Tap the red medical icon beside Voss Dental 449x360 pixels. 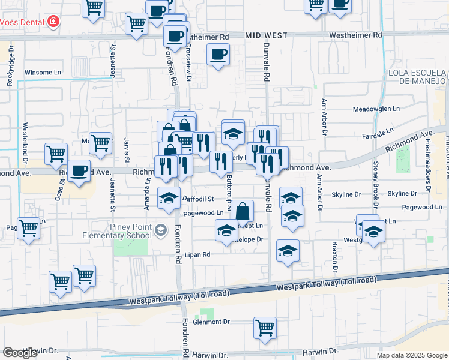pyautogui.click(x=53, y=22)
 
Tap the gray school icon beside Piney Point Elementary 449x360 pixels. pyautogui.click(x=160, y=230)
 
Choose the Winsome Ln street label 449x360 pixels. pyautogui.click(x=43, y=73)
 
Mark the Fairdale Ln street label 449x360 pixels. pyautogui.click(x=381, y=130)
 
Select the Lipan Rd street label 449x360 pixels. pyautogui.click(x=197, y=254)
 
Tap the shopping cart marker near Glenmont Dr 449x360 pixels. pyautogui.click(x=265, y=328)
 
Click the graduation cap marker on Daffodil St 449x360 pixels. pyautogui.click(x=169, y=198)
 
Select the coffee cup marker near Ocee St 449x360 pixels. pyautogui.click(x=79, y=170)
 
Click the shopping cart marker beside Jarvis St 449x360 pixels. pyautogui.click(x=100, y=143)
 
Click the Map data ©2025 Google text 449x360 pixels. pyautogui.click(x=411, y=355)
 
